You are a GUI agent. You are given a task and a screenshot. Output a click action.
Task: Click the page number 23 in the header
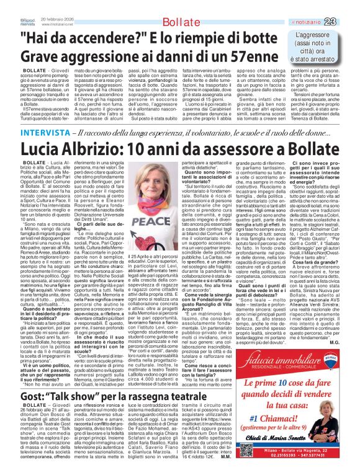click(x=347, y=6)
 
